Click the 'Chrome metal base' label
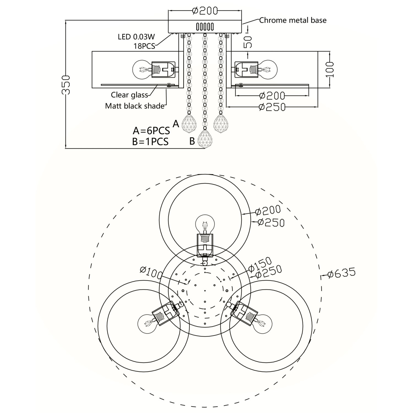coord(293,20)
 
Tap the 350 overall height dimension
coord(66,85)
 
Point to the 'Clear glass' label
coord(129,95)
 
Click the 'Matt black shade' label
coord(135,106)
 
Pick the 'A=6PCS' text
coord(151,130)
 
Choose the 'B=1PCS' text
coord(150,142)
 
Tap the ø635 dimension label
coord(341,273)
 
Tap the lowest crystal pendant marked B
coord(204,139)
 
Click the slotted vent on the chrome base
coord(205,27)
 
